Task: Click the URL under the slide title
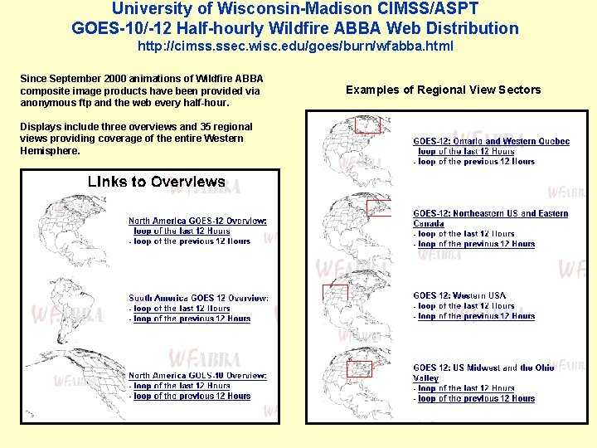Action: [295, 46]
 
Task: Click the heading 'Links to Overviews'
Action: [157, 182]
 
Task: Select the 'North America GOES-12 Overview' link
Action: [197, 221]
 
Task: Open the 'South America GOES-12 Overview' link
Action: [198, 298]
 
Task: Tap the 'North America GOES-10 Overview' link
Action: [197, 376]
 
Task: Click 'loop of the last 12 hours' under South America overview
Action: [181, 309]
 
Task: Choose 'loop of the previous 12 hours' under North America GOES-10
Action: [192, 397]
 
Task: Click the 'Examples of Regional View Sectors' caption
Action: [443, 90]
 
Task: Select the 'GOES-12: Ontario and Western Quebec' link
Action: [491, 142]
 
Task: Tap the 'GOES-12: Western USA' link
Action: [459, 295]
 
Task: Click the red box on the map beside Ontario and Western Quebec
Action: [366, 124]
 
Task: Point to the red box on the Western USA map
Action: [335, 292]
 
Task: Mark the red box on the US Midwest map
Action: [359, 368]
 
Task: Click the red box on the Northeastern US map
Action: [377, 208]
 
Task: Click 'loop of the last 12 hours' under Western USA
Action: [466, 306]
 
